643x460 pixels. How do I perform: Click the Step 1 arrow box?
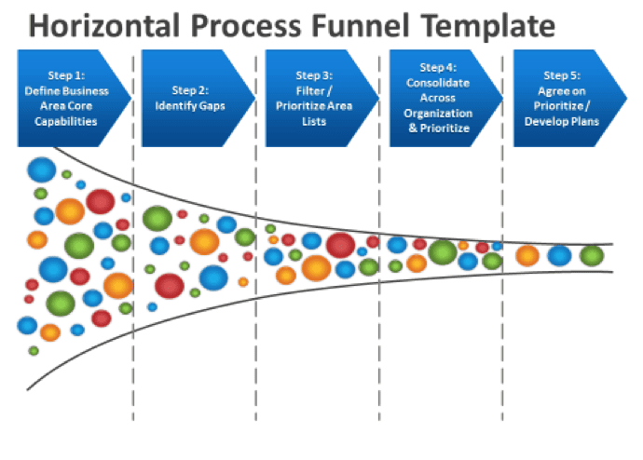point(70,99)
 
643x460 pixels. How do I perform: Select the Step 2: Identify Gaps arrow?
point(194,99)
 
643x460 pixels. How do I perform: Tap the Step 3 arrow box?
point(318,99)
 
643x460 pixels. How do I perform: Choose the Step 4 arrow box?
point(442,99)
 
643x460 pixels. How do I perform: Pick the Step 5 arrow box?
point(566,99)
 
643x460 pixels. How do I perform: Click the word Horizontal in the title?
point(104,25)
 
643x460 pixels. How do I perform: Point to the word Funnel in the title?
point(361,25)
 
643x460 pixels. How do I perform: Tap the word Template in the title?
point(488,26)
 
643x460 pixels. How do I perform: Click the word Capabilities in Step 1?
point(65,122)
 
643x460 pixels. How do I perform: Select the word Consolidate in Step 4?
point(438,83)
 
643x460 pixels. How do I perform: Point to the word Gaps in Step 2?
point(212,106)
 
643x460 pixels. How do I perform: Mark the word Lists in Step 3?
point(314,122)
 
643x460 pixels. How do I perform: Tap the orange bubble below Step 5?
point(527,255)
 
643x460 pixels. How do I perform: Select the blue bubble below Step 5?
point(559,255)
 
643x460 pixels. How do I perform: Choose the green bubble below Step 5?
point(592,255)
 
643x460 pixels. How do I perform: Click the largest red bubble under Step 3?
point(340,245)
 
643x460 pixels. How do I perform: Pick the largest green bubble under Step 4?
point(443,252)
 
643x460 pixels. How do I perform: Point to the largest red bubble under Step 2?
point(170,286)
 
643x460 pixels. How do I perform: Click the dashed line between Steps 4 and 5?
point(503,238)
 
